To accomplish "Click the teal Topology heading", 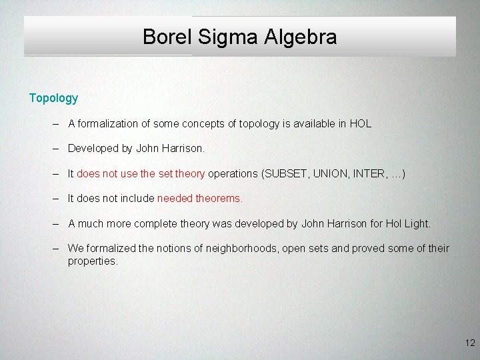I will coord(53,98).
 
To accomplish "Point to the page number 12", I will coord(470,343).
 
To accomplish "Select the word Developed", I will coord(93,149).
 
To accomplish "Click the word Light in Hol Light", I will coord(417,223).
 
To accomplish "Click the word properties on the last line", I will coord(93,261).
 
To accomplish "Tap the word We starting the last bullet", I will coord(75,248).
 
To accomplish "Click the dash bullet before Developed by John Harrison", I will coord(57,149).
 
